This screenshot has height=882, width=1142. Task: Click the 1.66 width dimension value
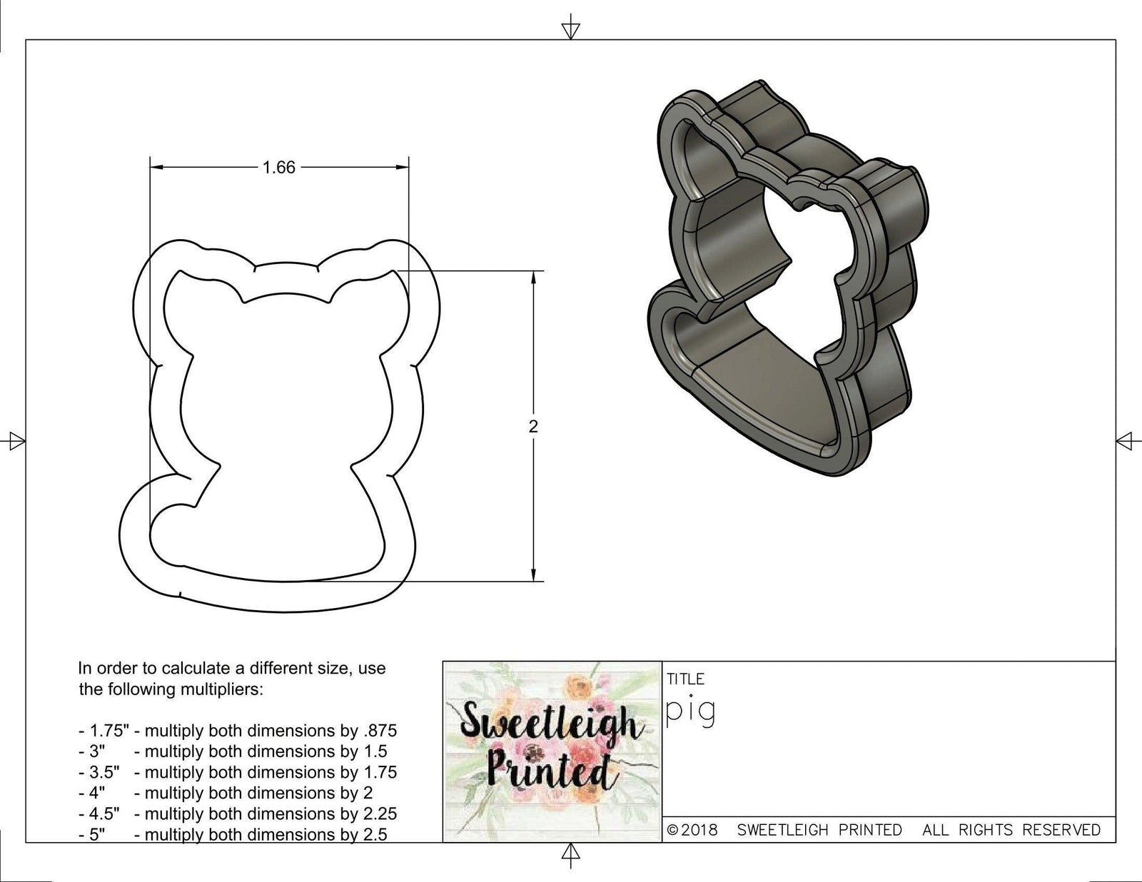278,168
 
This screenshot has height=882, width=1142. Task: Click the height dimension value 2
533,427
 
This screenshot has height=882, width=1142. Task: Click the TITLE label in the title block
685,679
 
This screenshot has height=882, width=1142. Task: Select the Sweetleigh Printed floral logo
552,751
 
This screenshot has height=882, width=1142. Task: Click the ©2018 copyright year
693,830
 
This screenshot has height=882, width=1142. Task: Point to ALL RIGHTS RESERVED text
1011,830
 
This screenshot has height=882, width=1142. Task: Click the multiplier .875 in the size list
383,731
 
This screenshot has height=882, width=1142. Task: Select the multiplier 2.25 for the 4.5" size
380,813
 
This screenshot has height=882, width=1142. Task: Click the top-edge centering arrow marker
570,29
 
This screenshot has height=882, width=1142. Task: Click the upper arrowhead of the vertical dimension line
533,278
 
